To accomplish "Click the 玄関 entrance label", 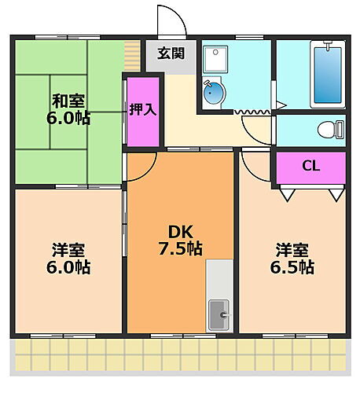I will (170, 54).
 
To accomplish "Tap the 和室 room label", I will (68, 101).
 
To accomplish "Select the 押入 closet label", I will (143, 109).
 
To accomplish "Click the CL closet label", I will (310, 166).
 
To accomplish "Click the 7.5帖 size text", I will (180, 249).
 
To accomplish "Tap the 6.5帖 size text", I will (294, 267).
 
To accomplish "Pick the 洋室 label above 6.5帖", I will (292, 250).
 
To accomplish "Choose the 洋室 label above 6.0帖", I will (68, 250).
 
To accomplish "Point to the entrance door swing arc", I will (169, 20).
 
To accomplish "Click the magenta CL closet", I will (310, 167).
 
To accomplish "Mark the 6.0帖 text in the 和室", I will (68, 119).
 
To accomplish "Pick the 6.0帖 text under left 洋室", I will (68, 268).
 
